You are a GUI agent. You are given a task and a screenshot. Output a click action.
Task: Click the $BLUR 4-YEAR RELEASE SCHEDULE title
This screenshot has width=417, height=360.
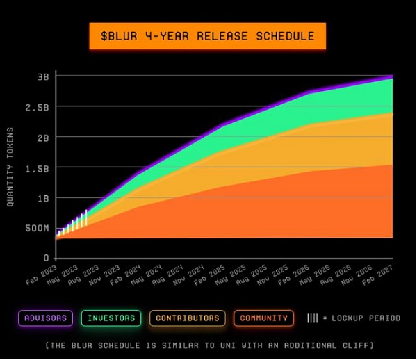207,36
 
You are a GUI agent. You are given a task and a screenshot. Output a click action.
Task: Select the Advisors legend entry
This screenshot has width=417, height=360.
46,318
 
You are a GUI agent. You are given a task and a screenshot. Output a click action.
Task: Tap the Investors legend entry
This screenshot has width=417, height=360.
111,318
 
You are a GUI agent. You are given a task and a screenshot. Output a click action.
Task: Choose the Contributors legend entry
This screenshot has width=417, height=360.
187,318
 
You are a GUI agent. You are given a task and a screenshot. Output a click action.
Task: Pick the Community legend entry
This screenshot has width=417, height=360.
263,318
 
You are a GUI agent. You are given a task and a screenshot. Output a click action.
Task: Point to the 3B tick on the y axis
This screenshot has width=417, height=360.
43,76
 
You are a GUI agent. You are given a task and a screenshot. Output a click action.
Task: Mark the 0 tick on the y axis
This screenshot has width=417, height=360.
47,258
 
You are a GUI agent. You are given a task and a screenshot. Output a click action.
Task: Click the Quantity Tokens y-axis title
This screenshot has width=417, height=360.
11,167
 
